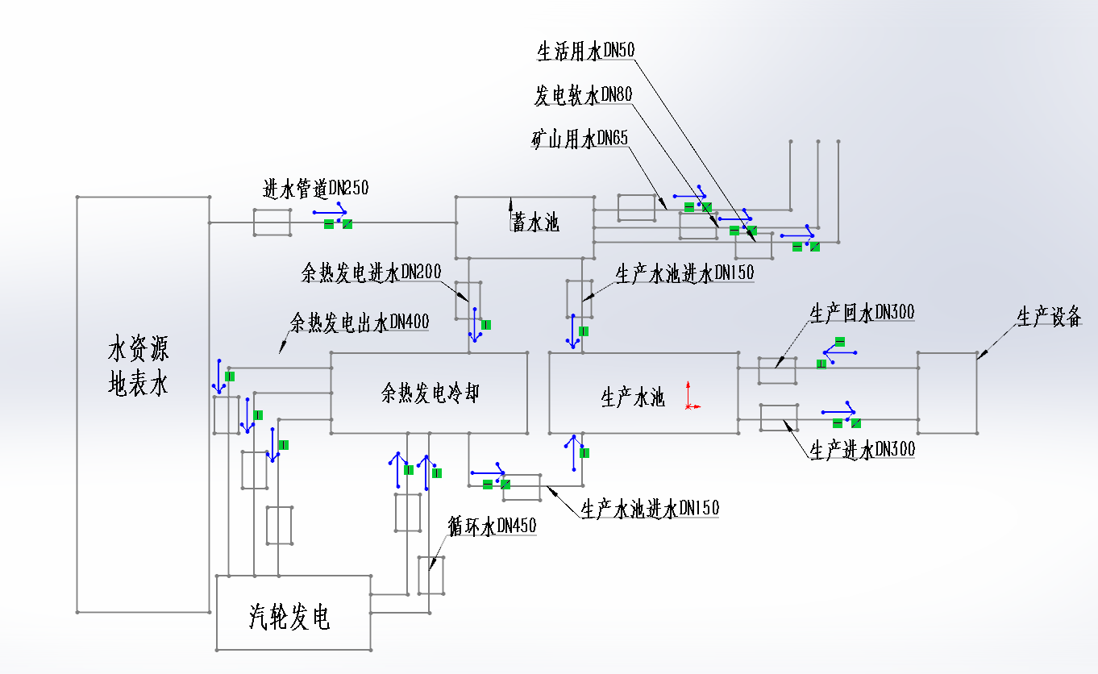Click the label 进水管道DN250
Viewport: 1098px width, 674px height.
point(315,189)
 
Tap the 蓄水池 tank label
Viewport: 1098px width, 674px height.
point(536,223)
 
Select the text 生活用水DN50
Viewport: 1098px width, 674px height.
point(586,52)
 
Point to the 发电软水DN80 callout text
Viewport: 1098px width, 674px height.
point(583,96)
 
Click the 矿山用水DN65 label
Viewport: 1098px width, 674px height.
point(580,139)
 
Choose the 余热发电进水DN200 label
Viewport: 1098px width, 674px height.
point(372,273)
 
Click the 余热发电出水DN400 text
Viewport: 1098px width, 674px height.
point(360,322)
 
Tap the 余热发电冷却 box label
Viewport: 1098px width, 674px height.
point(430,393)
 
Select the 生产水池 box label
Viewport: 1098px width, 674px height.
point(633,397)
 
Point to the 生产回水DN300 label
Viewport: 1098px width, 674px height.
point(862,312)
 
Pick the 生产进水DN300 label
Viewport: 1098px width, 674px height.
point(862,449)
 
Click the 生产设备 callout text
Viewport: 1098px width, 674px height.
point(1048,317)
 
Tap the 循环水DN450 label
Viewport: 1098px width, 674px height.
point(492,526)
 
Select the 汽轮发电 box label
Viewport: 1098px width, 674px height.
point(289,618)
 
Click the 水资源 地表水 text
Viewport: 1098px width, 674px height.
point(138,368)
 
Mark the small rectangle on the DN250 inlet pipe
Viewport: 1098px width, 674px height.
point(272,223)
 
